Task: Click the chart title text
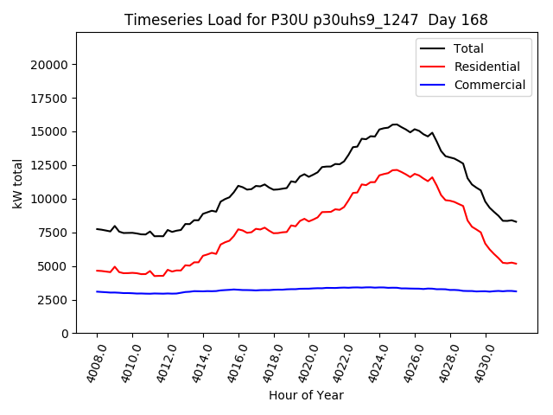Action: [x=306, y=20]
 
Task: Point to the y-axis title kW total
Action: [x=17, y=183]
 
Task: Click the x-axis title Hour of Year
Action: [x=306, y=395]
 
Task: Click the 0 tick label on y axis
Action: [x=65, y=334]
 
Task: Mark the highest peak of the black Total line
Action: [x=396, y=124]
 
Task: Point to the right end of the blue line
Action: [x=516, y=291]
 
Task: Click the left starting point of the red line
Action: [x=97, y=271]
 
